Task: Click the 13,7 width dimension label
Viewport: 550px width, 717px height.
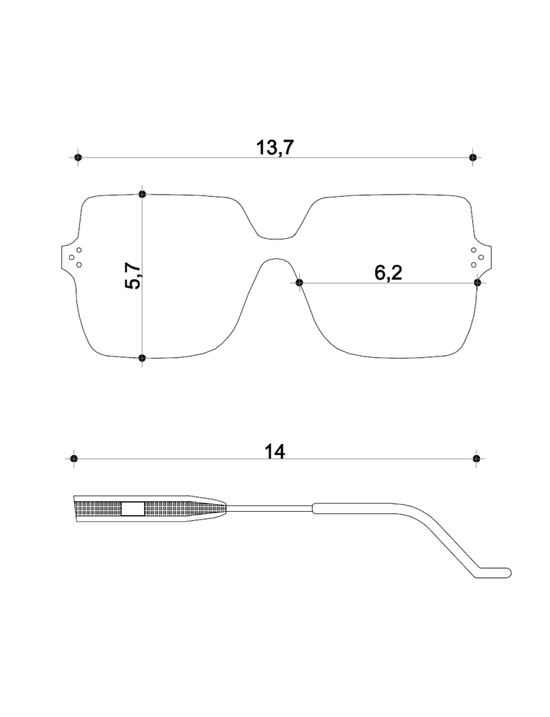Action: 275,148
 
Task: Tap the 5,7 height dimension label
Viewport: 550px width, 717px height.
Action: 134,276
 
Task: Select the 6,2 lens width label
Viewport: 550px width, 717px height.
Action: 388,273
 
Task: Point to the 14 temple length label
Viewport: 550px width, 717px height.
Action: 275,452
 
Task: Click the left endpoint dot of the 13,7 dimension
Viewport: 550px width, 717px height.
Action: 78,158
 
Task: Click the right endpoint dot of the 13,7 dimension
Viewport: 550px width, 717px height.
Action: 473,158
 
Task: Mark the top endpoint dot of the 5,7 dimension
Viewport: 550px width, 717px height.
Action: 142,195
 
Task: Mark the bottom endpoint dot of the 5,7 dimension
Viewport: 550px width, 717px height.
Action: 142,358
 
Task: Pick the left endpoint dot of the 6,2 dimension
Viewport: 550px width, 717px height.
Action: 300,282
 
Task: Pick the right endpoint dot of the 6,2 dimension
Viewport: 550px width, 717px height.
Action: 478,282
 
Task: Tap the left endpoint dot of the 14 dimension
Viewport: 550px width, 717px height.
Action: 74,458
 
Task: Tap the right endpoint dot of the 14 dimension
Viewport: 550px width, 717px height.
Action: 477,458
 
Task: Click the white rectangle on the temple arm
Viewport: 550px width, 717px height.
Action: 133,508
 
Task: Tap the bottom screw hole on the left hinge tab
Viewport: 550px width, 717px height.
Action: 79,265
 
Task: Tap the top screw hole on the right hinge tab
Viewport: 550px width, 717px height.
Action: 474,250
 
